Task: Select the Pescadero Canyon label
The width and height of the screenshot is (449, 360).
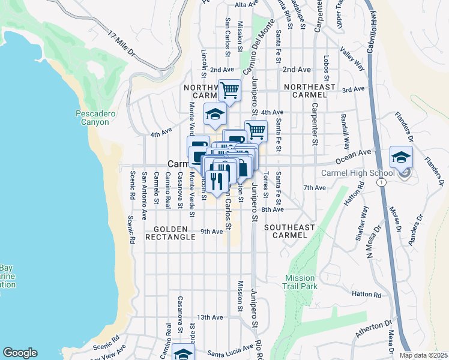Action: pyautogui.click(x=92, y=118)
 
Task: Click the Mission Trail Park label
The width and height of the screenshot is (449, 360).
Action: pyautogui.click(x=300, y=282)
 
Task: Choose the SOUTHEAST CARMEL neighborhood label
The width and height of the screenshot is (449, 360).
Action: pyautogui.click(x=289, y=232)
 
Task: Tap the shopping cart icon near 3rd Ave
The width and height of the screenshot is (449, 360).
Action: pyautogui.click(x=229, y=90)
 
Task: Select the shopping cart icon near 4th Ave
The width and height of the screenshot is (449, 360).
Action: pyautogui.click(x=256, y=130)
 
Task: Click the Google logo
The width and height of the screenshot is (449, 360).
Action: pyautogui.click(x=20, y=353)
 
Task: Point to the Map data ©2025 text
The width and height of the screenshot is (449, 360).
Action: pyautogui.click(x=423, y=355)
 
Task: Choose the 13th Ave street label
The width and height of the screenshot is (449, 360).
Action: pyautogui.click(x=210, y=317)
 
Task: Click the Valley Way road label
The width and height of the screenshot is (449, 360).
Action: pyautogui.click(x=352, y=58)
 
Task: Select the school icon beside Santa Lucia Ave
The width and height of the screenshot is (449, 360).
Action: pyautogui.click(x=183, y=353)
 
